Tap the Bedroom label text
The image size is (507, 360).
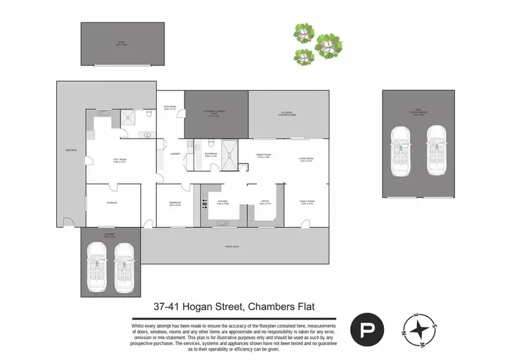[x=174, y=203]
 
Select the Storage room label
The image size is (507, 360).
[x=112, y=202]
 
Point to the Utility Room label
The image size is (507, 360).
[x=120, y=160]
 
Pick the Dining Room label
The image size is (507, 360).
[x=264, y=156]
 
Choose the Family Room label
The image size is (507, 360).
[x=308, y=203]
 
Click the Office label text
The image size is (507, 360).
[x=265, y=203]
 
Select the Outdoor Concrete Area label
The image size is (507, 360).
[x=290, y=113]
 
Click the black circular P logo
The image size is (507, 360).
[x=367, y=330]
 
